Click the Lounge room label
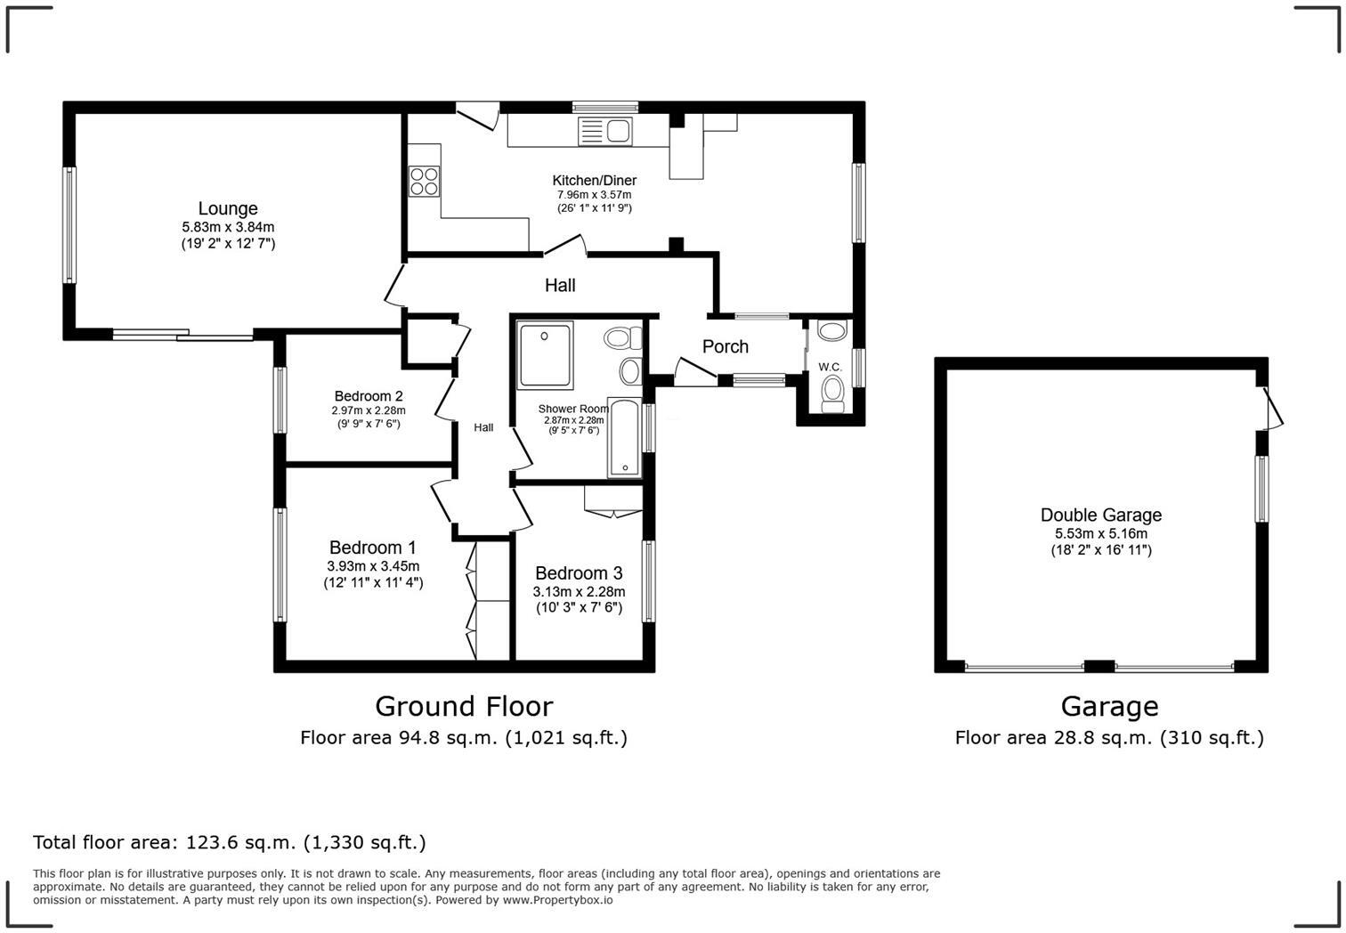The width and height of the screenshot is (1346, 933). pos(228,208)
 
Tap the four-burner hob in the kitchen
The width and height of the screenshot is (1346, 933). pos(424,182)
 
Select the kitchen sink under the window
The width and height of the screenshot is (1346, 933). pos(605,132)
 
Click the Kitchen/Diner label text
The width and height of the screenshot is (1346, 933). pos(594,181)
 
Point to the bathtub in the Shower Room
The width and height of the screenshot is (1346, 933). pos(625,438)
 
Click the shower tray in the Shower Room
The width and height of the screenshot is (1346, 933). pos(545,355)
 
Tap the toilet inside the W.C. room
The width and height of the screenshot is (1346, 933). pos(833,392)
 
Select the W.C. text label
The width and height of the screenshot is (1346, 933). pos(830,367)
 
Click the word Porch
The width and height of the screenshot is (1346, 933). pos(725,346)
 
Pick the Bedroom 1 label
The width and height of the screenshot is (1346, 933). pos(372,548)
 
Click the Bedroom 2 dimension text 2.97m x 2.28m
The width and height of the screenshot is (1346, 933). pos(368,410)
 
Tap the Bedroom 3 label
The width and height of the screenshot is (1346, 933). pos(579,573)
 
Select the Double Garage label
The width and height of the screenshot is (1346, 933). pos(1100,515)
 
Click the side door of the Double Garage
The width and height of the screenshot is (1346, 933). pos(1273,410)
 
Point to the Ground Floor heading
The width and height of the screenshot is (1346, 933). pos(464,706)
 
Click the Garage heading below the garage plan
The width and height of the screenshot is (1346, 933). pos(1109,706)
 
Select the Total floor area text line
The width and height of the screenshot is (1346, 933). pos(230,842)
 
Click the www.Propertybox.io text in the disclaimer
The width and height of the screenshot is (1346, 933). pos(557,900)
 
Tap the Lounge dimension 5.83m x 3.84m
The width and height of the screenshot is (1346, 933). pos(228,227)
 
